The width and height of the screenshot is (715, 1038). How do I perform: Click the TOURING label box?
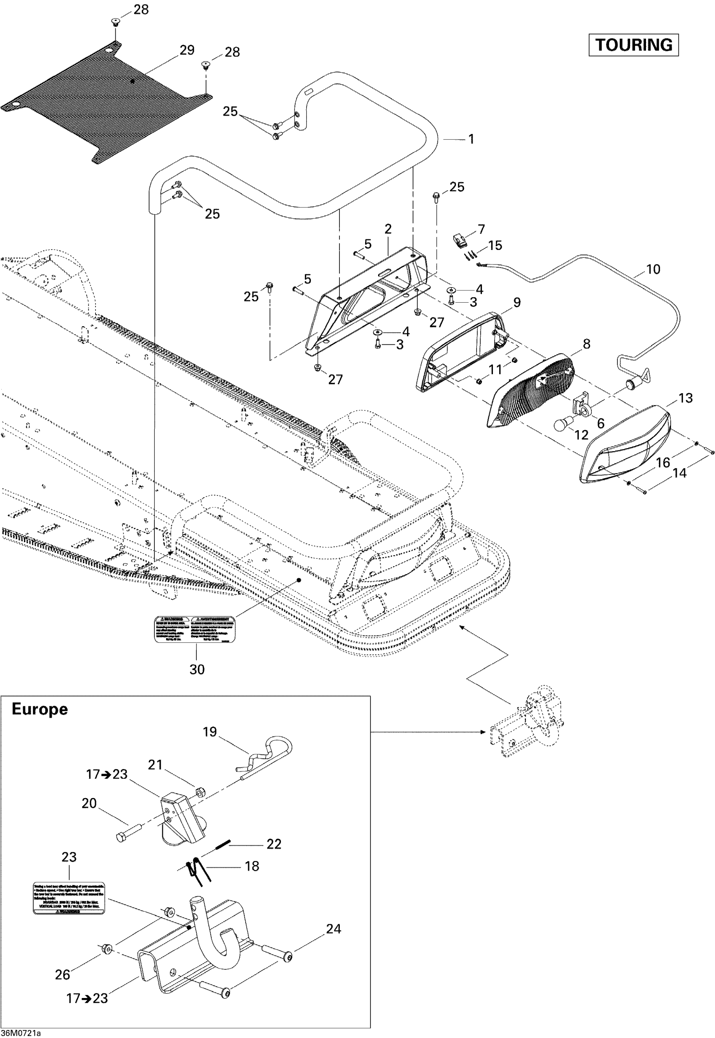633,45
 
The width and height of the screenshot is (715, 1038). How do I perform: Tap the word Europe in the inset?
40,709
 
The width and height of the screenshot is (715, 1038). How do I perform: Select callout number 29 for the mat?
187,50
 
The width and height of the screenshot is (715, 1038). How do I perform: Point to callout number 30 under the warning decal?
197,669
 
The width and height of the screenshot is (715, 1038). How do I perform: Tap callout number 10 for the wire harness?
653,269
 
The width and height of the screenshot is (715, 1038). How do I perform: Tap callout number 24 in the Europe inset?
333,929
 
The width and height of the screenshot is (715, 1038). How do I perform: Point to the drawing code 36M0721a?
21,1033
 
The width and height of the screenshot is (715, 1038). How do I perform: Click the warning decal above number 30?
195,629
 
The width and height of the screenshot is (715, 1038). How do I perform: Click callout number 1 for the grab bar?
471,139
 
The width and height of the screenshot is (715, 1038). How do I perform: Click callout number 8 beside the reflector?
586,344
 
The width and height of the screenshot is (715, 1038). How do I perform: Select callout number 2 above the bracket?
388,229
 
